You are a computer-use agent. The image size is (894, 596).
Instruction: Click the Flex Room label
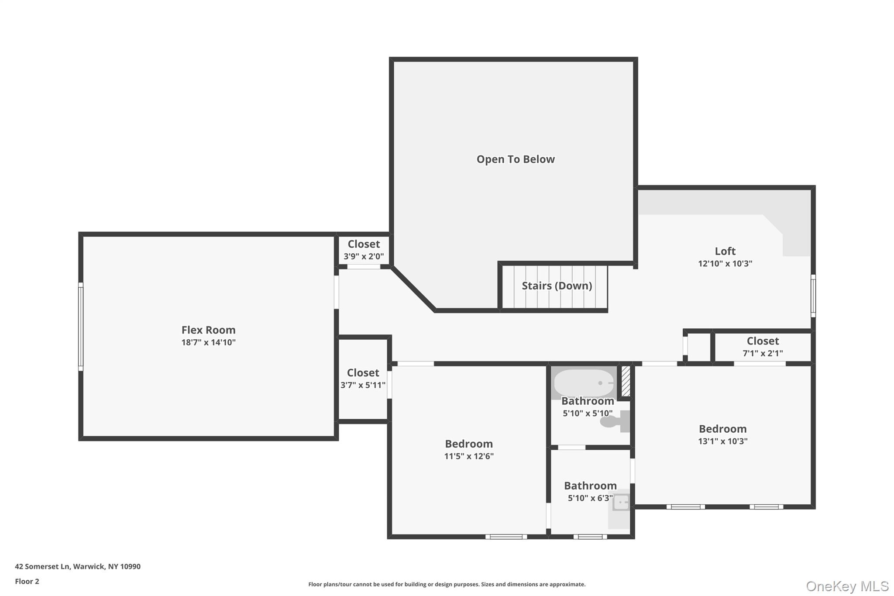pos(208,330)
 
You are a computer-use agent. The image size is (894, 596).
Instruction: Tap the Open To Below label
pos(516,159)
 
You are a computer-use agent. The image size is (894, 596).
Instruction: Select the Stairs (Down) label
pos(557,286)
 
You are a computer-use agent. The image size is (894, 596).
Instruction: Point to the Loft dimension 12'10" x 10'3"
pos(725,263)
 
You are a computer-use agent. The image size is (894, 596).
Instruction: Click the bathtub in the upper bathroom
pos(584,383)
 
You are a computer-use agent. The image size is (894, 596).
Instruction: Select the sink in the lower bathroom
pos(620,502)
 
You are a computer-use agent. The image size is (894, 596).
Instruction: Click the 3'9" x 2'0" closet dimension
pos(364,256)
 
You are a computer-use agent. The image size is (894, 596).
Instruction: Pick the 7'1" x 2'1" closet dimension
pos(763,353)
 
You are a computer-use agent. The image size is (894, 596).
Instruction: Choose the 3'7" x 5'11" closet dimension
pos(363,385)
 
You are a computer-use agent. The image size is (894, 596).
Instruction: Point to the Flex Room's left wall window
pos(81,327)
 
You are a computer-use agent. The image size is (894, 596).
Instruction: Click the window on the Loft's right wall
pos(813,296)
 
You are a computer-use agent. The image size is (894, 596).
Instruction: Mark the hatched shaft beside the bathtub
pos(626,381)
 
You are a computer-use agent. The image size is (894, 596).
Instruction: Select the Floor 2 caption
pos(27,581)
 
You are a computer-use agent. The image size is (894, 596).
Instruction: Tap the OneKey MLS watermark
pos(847,586)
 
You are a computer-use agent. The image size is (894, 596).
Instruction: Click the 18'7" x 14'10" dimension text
pos(208,342)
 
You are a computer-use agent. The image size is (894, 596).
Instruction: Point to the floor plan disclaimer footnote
pos(447,584)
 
